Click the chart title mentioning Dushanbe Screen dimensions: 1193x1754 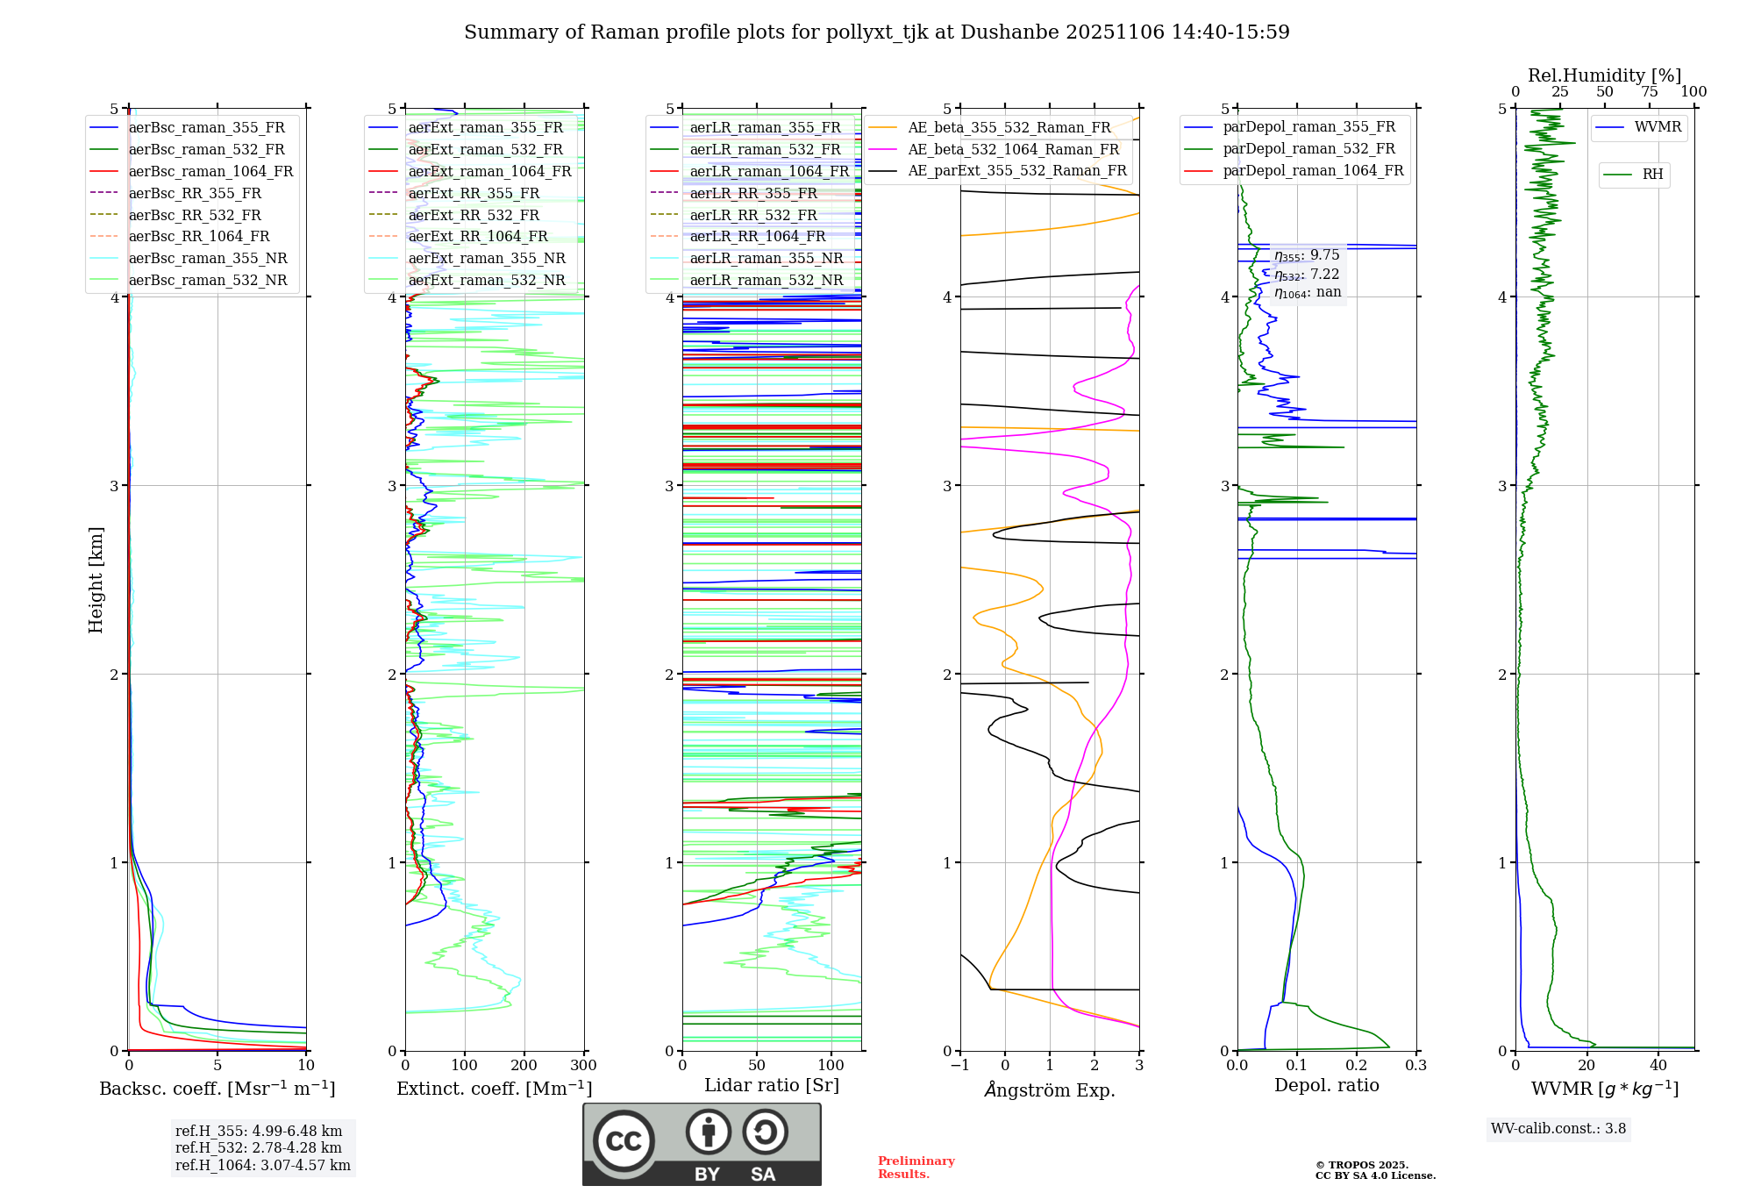(x=877, y=32)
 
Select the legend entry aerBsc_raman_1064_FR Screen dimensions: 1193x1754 (x=210, y=171)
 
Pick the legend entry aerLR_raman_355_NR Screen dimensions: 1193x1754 (x=766, y=258)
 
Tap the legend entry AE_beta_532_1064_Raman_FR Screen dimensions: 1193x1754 (x=1013, y=149)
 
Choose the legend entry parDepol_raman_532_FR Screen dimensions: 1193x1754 (x=1308, y=149)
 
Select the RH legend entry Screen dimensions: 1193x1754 (x=1652, y=175)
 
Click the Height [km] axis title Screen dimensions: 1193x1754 (x=96, y=580)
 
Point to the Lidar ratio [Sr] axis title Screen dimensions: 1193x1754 (x=772, y=1085)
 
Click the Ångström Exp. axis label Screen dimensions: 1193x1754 (x=1050, y=1089)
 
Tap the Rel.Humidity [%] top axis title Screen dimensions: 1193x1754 (x=1605, y=75)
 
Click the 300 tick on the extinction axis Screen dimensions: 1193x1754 (x=583, y=1066)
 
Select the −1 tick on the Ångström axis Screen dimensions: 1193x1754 (x=960, y=1066)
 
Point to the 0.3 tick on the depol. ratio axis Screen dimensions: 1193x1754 (x=1415, y=1066)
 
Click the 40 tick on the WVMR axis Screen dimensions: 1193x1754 (x=1658, y=1066)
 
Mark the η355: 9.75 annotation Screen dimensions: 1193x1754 (x=1307, y=255)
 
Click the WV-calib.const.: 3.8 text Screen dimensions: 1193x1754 (x=1558, y=1128)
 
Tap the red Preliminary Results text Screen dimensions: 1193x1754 (x=916, y=1168)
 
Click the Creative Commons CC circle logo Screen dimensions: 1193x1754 (x=624, y=1141)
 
